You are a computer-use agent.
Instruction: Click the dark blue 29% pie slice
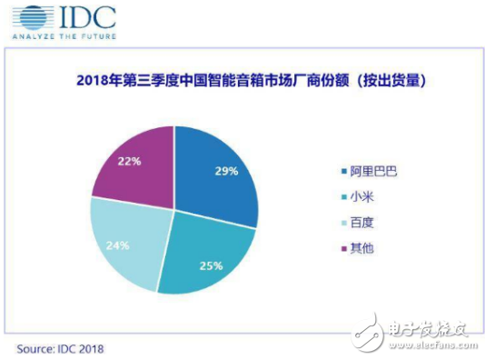[218, 173]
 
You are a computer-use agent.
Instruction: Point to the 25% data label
[212, 267]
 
